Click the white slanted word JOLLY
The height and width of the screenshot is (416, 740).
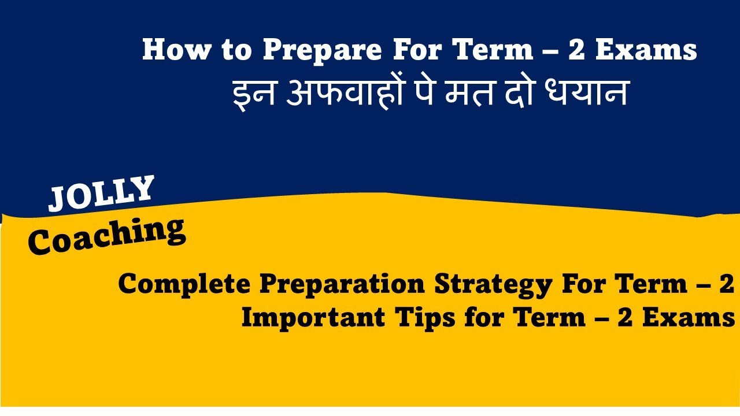[102, 193]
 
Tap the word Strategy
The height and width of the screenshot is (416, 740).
[496, 284]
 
